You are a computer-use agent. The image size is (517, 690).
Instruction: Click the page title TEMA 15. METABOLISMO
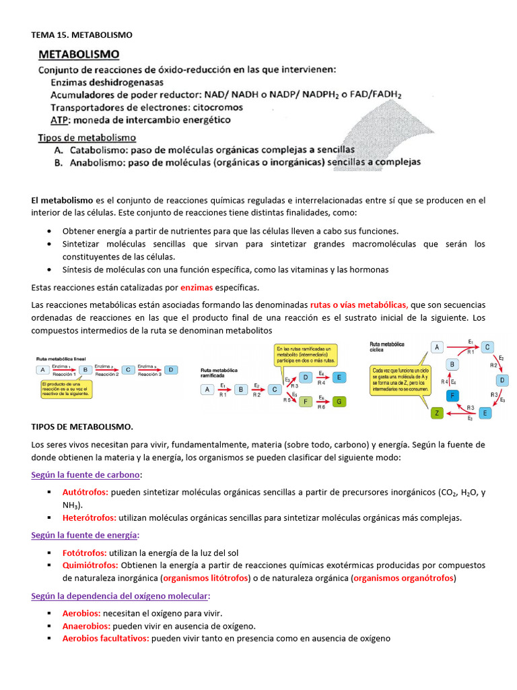(x=81, y=34)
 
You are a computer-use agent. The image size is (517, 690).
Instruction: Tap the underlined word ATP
(x=61, y=120)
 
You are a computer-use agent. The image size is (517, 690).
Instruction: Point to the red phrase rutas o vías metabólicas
(x=359, y=305)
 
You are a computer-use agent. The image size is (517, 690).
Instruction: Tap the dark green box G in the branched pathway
(x=339, y=402)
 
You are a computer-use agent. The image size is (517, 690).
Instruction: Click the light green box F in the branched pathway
(x=306, y=402)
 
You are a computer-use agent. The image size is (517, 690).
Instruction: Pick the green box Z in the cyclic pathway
(x=437, y=412)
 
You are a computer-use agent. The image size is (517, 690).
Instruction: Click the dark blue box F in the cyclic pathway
(x=453, y=395)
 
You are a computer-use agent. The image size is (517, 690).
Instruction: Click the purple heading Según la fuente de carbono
(x=85, y=475)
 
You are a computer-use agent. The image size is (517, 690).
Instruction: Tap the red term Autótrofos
(x=85, y=493)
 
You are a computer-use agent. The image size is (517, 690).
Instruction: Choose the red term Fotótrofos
(x=84, y=553)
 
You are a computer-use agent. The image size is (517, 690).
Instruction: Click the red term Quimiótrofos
(x=90, y=565)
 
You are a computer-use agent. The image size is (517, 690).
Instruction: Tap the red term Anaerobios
(x=85, y=625)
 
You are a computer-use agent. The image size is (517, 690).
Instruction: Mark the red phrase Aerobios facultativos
(x=106, y=638)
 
